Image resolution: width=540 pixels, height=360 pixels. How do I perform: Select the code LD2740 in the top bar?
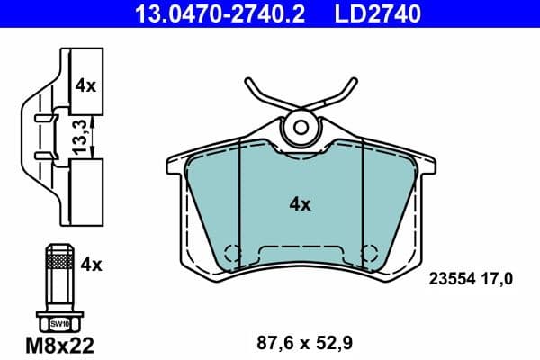[x=377, y=13]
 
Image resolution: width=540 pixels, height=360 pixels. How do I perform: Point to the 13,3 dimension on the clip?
[x=81, y=135]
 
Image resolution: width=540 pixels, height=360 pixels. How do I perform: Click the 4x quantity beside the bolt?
[x=92, y=265]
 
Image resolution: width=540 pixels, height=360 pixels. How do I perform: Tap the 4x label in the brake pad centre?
[x=300, y=205]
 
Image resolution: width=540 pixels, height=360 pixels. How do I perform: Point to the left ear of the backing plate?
[x=176, y=164]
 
